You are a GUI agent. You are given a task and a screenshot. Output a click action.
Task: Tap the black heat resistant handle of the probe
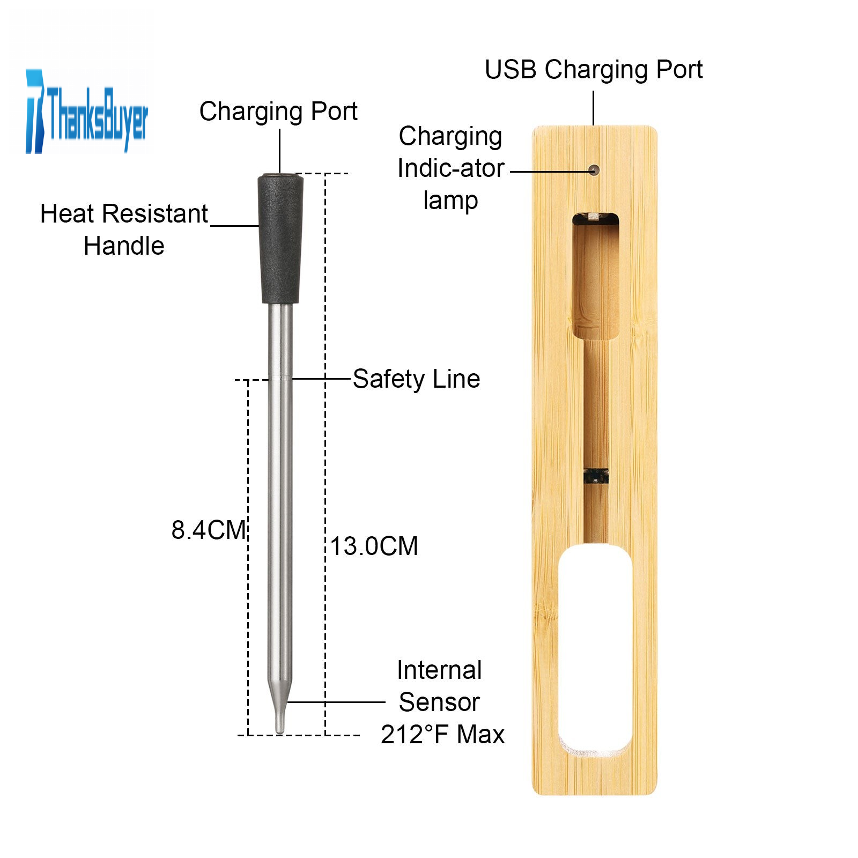[x=280, y=238]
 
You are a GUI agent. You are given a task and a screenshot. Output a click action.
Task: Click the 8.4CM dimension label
[x=208, y=530]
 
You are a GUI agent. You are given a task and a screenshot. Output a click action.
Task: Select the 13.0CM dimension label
[x=374, y=546]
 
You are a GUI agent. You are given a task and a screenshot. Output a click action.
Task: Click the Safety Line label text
[x=416, y=379]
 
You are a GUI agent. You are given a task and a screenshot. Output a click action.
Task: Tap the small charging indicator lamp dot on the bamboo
[x=593, y=171]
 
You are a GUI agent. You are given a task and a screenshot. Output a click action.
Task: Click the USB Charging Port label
[x=594, y=70]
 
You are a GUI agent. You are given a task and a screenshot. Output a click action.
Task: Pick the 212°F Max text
[x=442, y=734]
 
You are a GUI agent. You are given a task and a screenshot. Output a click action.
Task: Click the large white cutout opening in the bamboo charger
[x=595, y=649]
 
